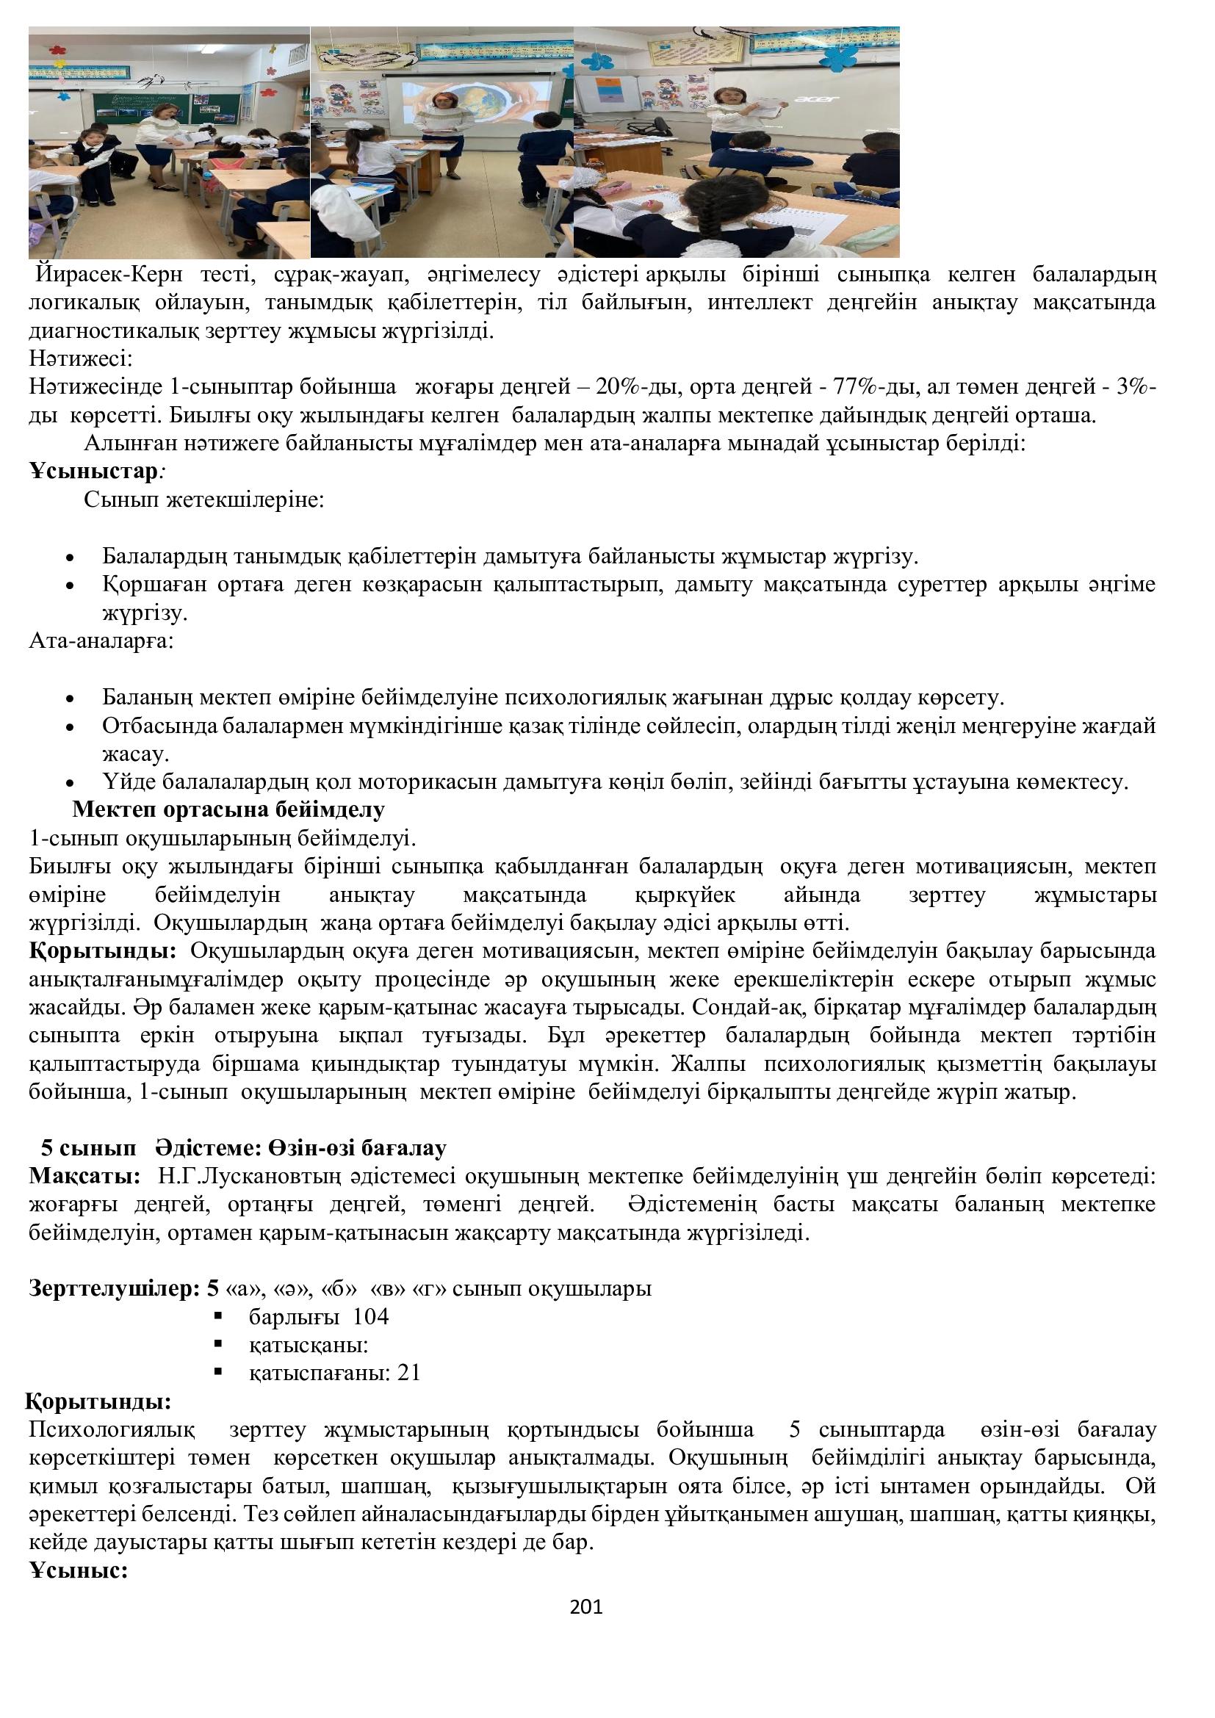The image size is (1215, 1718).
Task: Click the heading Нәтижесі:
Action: [81, 359]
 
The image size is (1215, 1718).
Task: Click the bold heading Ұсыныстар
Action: [93, 472]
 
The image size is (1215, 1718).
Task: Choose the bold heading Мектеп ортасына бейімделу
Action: [228, 809]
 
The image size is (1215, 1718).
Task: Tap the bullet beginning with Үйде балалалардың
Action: [613, 783]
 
